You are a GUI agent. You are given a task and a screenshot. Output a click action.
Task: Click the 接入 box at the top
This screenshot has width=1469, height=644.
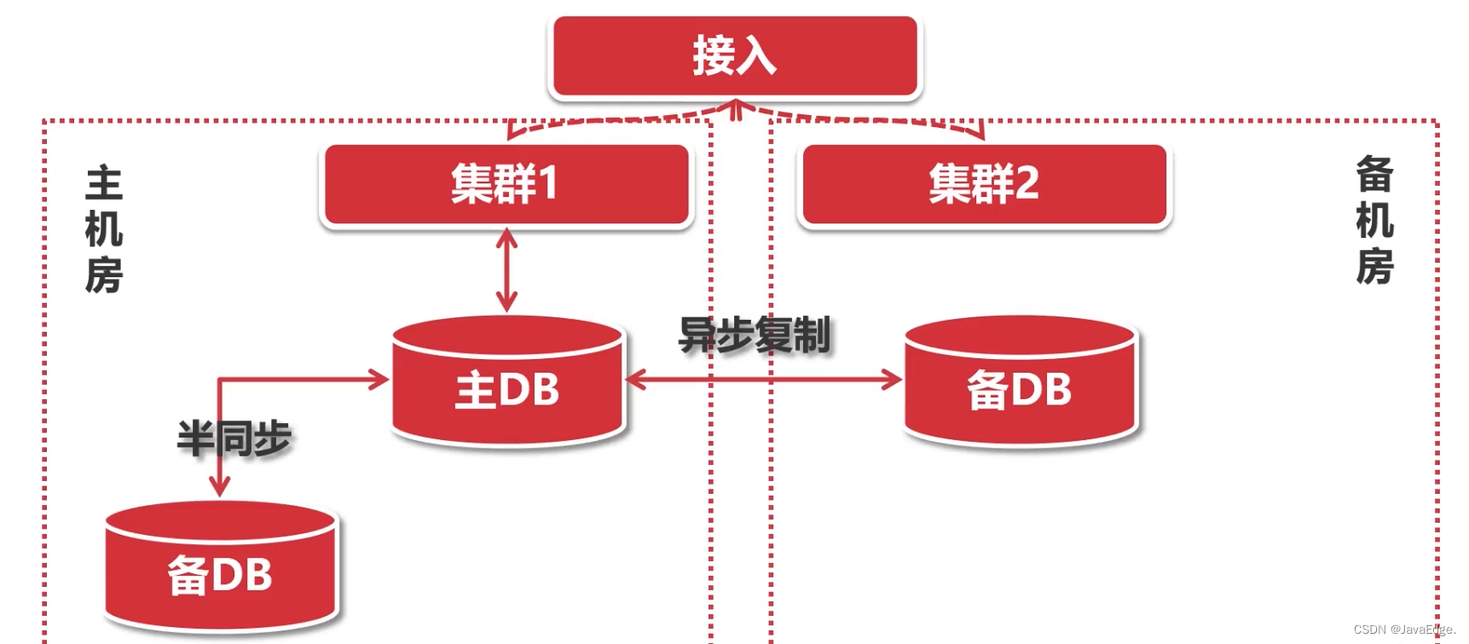point(735,56)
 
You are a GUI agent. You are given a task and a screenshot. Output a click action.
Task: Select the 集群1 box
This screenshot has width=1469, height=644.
point(506,183)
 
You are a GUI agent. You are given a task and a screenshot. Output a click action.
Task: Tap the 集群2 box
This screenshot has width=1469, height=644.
point(984,183)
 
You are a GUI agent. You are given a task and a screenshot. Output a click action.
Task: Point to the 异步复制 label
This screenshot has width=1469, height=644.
point(754,335)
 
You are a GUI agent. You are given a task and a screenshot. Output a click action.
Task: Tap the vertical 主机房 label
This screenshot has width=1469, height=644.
point(104,230)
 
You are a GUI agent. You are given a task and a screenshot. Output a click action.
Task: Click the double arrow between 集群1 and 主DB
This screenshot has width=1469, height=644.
point(506,270)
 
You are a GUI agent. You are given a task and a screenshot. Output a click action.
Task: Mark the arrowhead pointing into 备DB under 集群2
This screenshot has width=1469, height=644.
point(894,379)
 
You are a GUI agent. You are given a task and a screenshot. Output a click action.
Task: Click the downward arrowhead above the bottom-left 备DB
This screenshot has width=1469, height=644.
point(220,487)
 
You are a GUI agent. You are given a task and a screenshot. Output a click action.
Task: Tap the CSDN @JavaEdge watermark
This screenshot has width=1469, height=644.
point(1403,629)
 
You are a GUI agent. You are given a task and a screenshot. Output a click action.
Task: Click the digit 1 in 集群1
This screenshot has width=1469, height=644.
point(548,183)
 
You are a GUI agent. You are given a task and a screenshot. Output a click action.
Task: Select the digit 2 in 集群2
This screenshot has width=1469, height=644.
point(1027,183)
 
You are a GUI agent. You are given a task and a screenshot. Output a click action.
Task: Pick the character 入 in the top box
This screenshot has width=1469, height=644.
point(756,56)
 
